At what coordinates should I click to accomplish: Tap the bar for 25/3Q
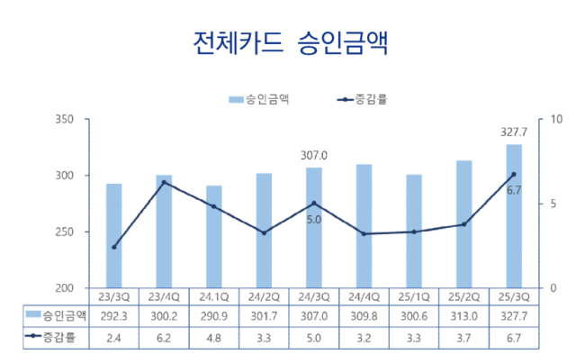(x=513, y=216)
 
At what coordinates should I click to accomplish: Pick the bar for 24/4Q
(x=364, y=226)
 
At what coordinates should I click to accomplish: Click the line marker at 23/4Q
(x=164, y=183)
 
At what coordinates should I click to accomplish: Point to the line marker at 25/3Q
(x=513, y=175)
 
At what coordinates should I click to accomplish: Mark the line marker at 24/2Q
(x=264, y=232)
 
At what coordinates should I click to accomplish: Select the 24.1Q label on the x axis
(x=214, y=296)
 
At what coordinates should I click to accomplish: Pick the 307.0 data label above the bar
(x=313, y=156)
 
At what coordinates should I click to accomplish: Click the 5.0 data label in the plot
(x=313, y=218)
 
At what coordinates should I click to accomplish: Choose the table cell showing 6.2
(x=164, y=338)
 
